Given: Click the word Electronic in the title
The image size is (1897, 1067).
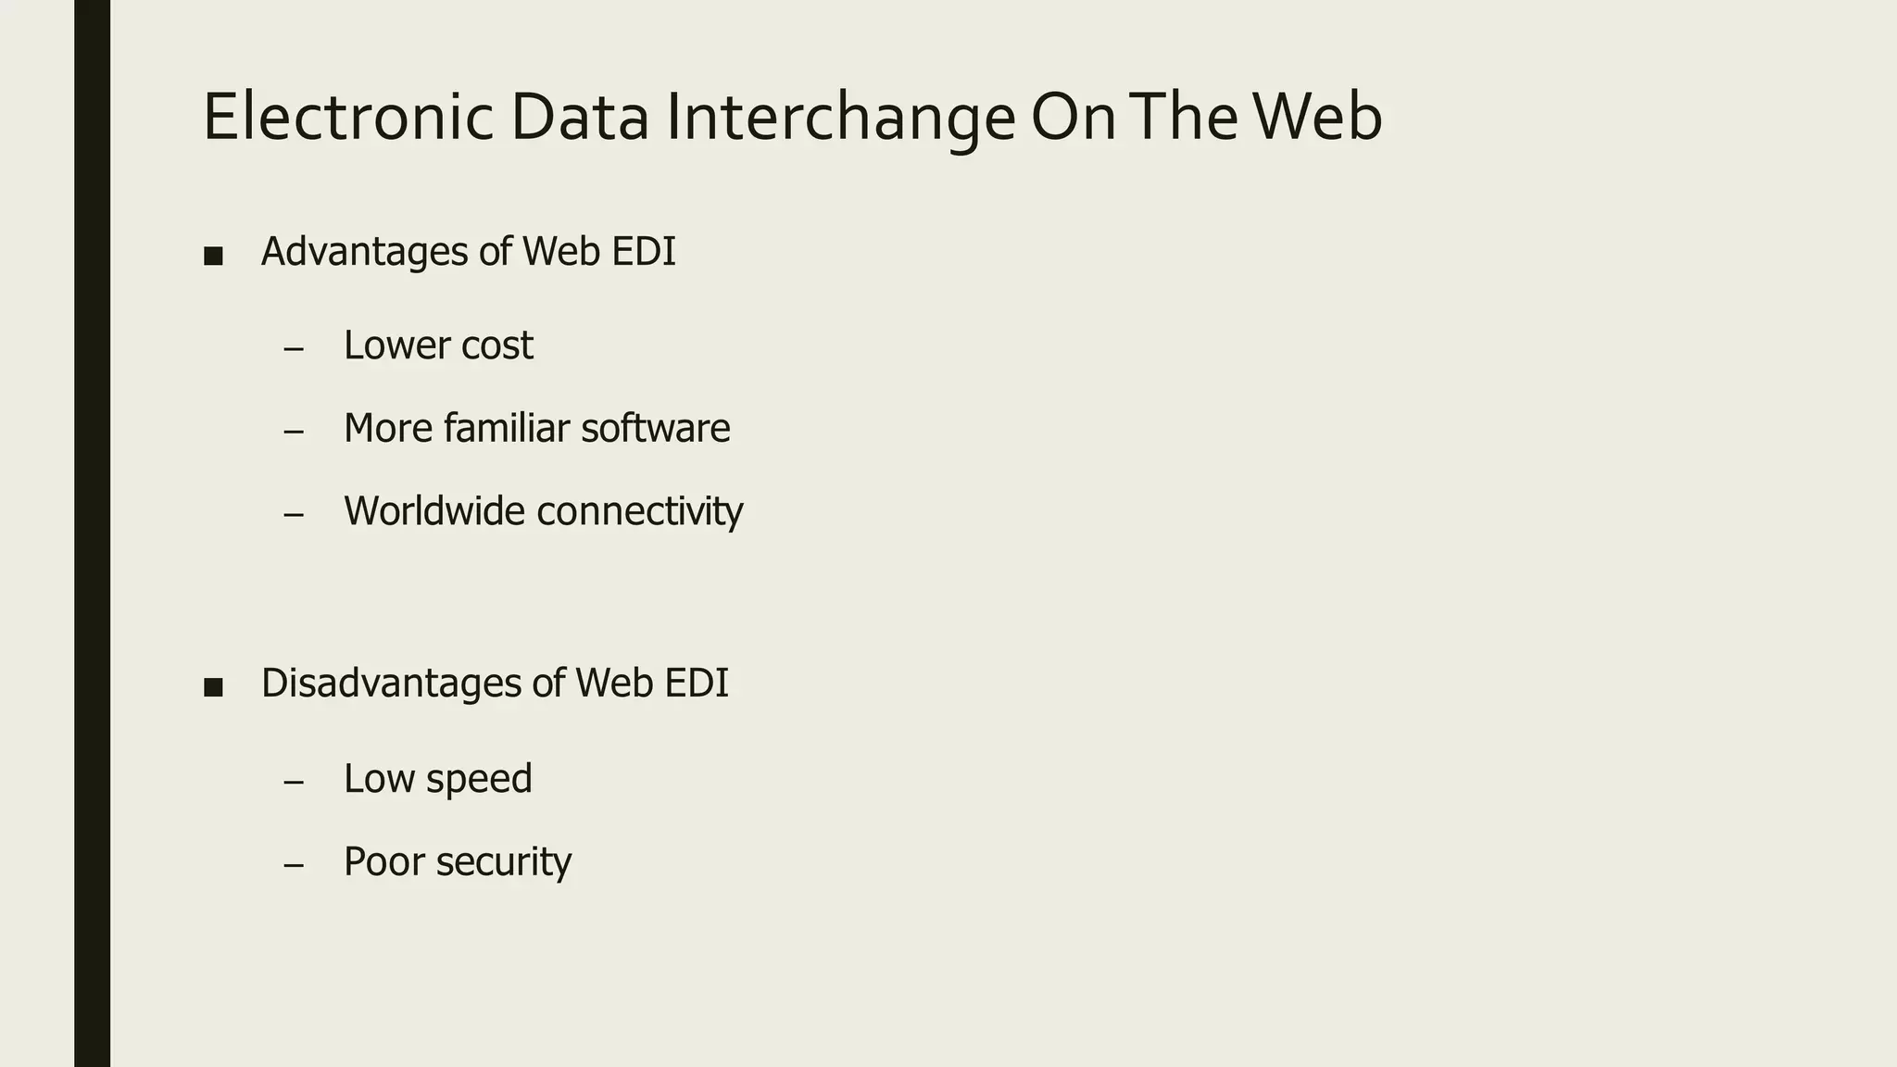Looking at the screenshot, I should (347, 118).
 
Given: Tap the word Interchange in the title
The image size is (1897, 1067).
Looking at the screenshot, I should (840, 118).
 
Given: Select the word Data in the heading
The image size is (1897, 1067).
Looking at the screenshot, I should (579, 118).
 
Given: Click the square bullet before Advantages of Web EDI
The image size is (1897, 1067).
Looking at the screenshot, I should (213, 256).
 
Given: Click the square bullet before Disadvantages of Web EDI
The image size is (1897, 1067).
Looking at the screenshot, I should (213, 687).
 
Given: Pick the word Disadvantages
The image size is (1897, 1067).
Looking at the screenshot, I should (392, 684).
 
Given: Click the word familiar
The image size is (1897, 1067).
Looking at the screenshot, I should (506, 428).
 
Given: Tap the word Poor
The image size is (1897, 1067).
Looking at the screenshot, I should (382, 861).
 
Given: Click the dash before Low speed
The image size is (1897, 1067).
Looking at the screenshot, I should (294, 782).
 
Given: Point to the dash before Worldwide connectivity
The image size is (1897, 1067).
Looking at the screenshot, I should (294, 514).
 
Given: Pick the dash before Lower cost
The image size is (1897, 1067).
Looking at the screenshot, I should (294, 349).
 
